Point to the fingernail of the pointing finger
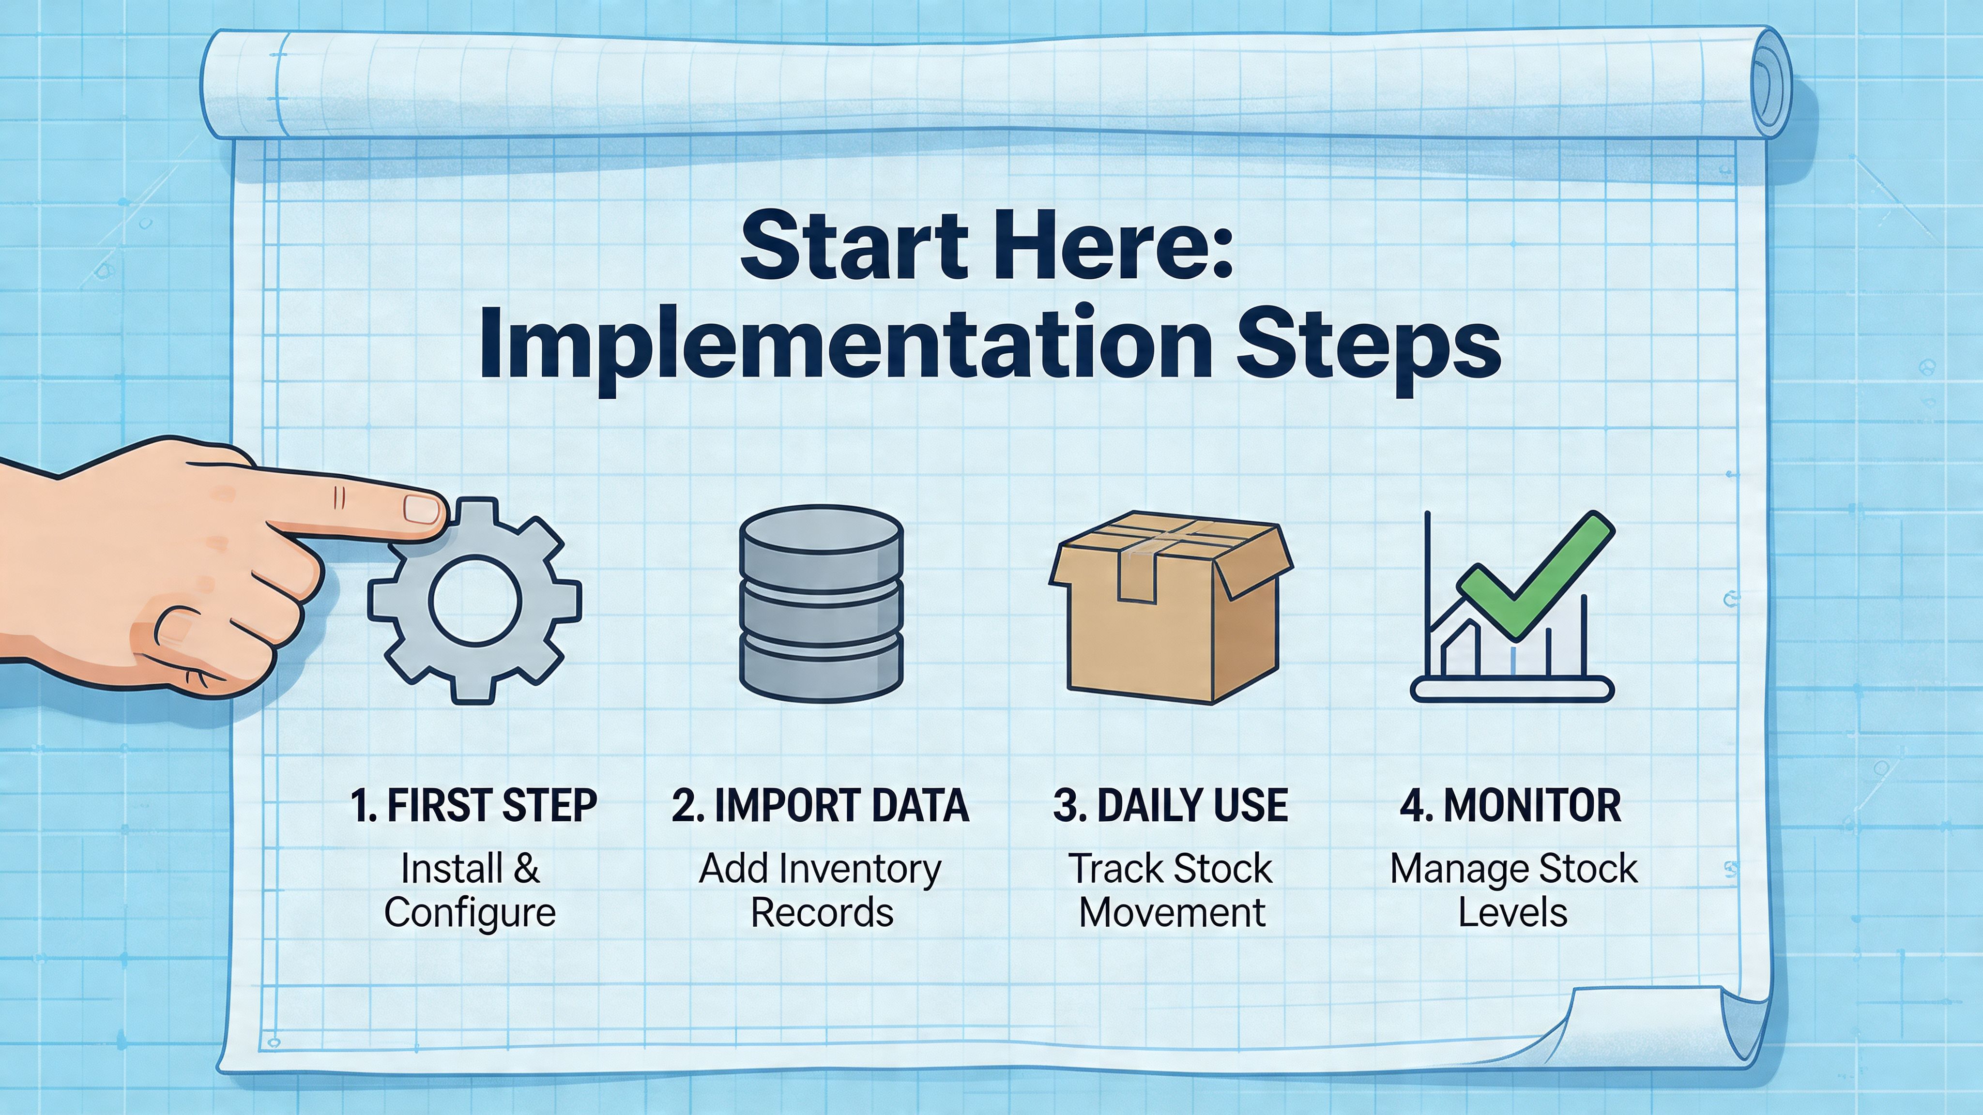click(x=421, y=509)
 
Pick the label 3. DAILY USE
click(x=1170, y=806)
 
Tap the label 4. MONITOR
click(x=1510, y=806)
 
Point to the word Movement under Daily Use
click(x=1172, y=913)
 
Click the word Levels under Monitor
click(x=1512, y=913)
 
